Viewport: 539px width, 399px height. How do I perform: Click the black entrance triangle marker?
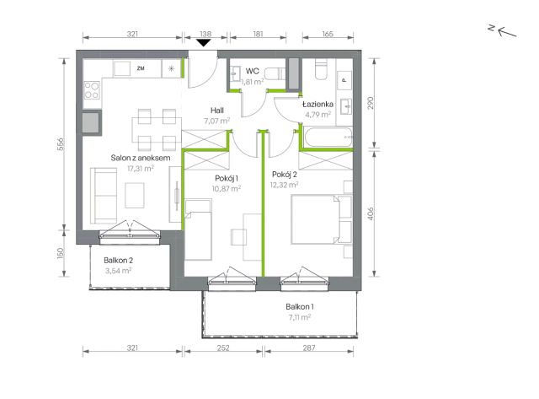click(204, 43)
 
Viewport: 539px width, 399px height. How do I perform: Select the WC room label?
click(253, 71)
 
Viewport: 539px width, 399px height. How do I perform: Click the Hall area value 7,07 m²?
click(216, 121)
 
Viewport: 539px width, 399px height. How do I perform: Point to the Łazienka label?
click(318, 104)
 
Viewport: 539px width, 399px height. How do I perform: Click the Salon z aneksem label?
click(141, 158)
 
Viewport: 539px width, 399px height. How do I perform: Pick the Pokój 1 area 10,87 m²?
click(227, 188)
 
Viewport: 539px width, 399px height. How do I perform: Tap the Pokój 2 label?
click(285, 175)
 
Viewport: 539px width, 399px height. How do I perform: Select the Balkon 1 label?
click(300, 306)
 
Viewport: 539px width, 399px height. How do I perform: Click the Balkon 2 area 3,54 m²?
click(118, 271)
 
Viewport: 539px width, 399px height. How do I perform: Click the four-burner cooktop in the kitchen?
click(92, 90)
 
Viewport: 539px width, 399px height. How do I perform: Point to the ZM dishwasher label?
click(141, 68)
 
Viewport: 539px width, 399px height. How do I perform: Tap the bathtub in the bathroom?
click(328, 137)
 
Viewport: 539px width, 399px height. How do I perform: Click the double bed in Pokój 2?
click(321, 219)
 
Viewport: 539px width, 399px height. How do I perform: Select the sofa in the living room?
click(104, 196)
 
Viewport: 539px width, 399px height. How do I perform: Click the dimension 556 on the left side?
click(61, 144)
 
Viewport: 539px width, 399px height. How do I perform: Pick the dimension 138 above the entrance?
click(205, 34)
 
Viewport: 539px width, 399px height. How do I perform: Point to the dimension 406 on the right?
click(371, 213)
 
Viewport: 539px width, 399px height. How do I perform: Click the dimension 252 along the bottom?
click(223, 348)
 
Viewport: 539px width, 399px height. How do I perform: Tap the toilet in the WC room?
click(276, 73)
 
